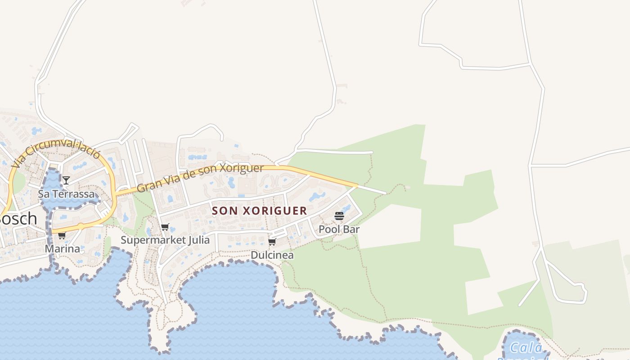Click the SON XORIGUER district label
[x=259, y=211]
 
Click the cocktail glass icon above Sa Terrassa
[x=66, y=180]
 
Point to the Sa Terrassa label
[x=67, y=194]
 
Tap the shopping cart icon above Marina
[x=62, y=235]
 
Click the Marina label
[x=63, y=249]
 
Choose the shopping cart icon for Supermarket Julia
[x=165, y=227]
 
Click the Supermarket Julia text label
[x=165, y=240]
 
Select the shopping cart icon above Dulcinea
[x=272, y=242]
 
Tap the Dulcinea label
[x=272, y=255]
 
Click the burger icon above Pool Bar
[x=339, y=216]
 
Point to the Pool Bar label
[x=339, y=229]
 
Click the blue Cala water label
[x=526, y=348]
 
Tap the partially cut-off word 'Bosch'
[x=18, y=219]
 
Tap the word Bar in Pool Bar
[x=351, y=229]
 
